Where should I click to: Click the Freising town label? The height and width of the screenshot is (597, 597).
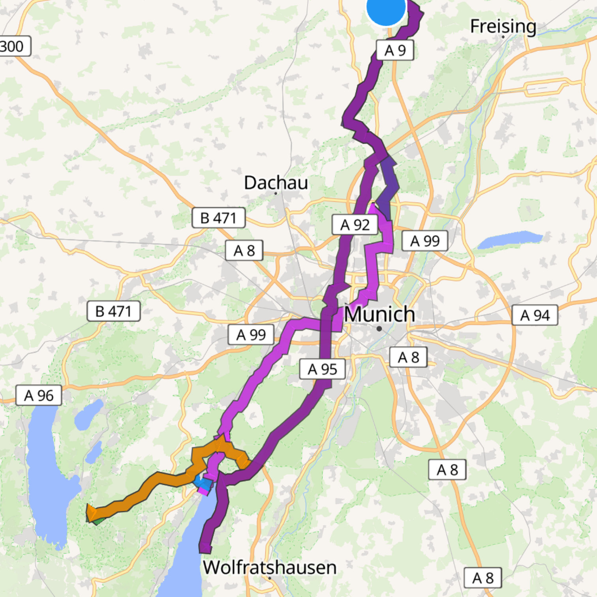pyautogui.click(x=503, y=26)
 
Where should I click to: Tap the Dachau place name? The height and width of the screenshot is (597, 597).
pyautogui.click(x=276, y=182)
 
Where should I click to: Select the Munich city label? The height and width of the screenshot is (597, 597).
pyautogui.click(x=379, y=314)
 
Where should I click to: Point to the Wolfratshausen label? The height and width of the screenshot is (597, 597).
pyautogui.click(x=270, y=567)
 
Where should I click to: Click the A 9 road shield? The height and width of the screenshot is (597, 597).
pyautogui.click(x=395, y=50)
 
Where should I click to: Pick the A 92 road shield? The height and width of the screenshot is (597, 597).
pyautogui.click(x=355, y=225)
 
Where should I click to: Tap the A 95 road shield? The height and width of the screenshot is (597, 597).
pyautogui.click(x=322, y=369)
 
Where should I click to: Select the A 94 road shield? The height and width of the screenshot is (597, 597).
pyautogui.click(x=535, y=315)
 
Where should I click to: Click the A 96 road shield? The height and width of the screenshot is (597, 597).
pyautogui.click(x=39, y=395)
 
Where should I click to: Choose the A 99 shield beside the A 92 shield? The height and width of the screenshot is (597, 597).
pyautogui.click(x=424, y=241)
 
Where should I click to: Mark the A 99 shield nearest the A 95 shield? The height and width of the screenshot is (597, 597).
pyautogui.click(x=251, y=335)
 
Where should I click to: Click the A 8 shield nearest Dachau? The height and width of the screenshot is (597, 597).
pyautogui.click(x=244, y=250)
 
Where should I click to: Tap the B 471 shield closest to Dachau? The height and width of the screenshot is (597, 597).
pyautogui.click(x=218, y=218)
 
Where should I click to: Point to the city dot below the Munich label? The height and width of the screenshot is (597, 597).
pyautogui.click(x=379, y=329)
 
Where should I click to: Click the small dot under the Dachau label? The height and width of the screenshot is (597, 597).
pyautogui.click(x=276, y=193)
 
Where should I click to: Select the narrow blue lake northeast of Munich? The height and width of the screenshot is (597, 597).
pyautogui.click(x=510, y=239)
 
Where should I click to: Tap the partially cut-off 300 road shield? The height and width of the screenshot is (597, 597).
pyautogui.click(x=14, y=46)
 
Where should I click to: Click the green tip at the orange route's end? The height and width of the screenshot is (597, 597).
pyautogui.click(x=96, y=521)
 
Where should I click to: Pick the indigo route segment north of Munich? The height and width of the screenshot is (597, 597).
pyautogui.click(x=387, y=186)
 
